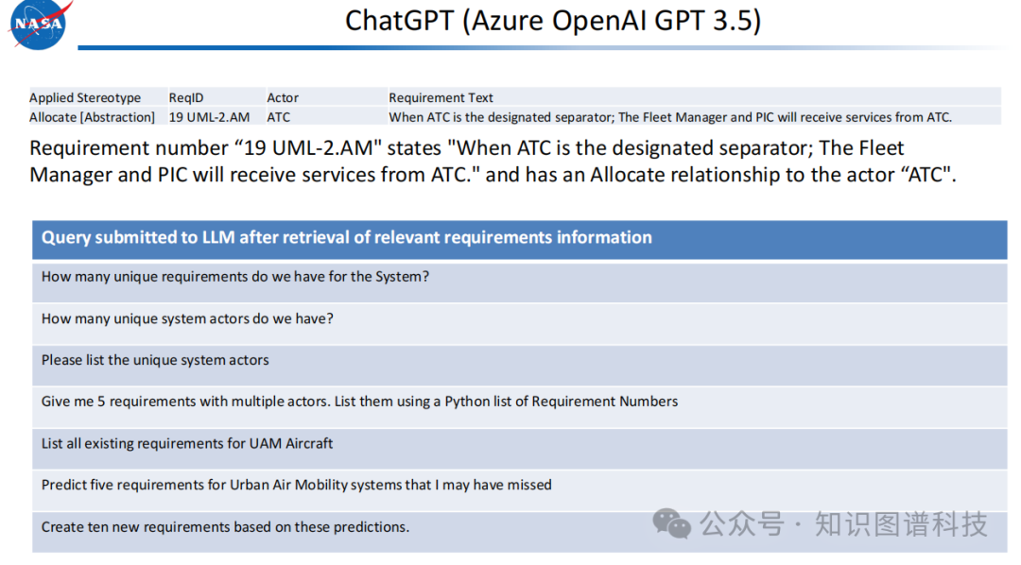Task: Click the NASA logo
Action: pos(38,24)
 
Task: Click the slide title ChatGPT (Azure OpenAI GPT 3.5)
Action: pos(553,21)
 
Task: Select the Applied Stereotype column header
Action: pos(85,97)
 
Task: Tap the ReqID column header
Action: pos(186,97)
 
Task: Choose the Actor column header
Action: pos(283,97)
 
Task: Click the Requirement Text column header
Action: pos(441,97)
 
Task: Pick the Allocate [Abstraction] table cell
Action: pos(92,117)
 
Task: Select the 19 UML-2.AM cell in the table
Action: pos(209,117)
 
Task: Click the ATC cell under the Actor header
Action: pos(279,117)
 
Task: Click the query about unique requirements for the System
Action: pos(235,277)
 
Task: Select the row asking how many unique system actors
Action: pos(187,319)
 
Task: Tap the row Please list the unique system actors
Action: pos(155,360)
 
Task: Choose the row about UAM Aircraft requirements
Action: pos(187,443)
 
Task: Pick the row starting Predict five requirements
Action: pos(296,485)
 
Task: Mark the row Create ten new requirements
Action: pos(225,526)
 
